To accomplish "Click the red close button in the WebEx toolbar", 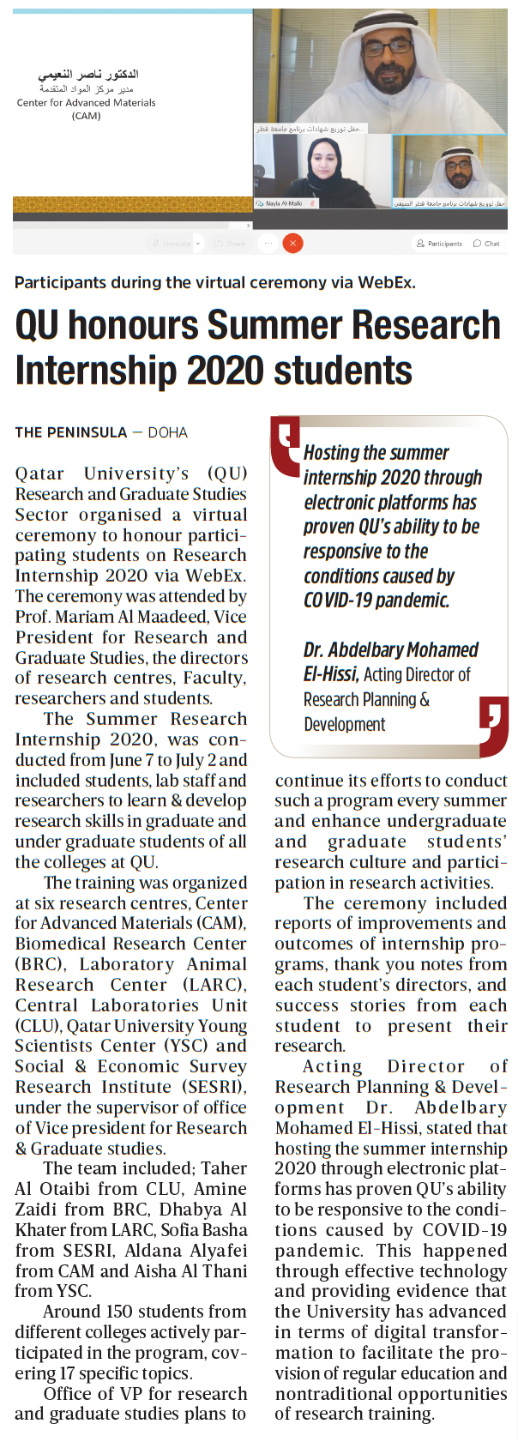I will pyautogui.click(x=292, y=244).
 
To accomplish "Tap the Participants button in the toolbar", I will pyautogui.click(x=439, y=244).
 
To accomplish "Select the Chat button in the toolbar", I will pyautogui.click(x=487, y=244).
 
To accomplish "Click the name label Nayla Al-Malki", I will pyautogui.click(x=283, y=204).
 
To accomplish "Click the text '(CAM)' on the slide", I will pyautogui.click(x=86, y=116).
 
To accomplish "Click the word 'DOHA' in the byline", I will pyautogui.click(x=167, y=432).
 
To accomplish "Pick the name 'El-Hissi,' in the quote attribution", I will pyautogui.click(x=329, y=674).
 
